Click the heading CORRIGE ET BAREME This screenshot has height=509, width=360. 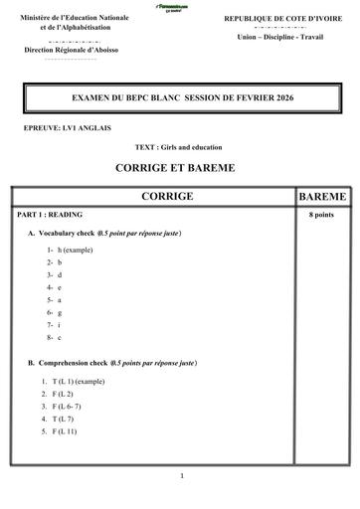pos(180,168)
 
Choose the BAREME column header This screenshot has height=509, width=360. pos(321,198)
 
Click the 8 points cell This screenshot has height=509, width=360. pos(321,215)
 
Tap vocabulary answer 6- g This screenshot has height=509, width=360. pos(55,312)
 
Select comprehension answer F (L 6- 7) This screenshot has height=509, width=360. pos(63,407)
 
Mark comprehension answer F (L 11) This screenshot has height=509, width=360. pos(60,431)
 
